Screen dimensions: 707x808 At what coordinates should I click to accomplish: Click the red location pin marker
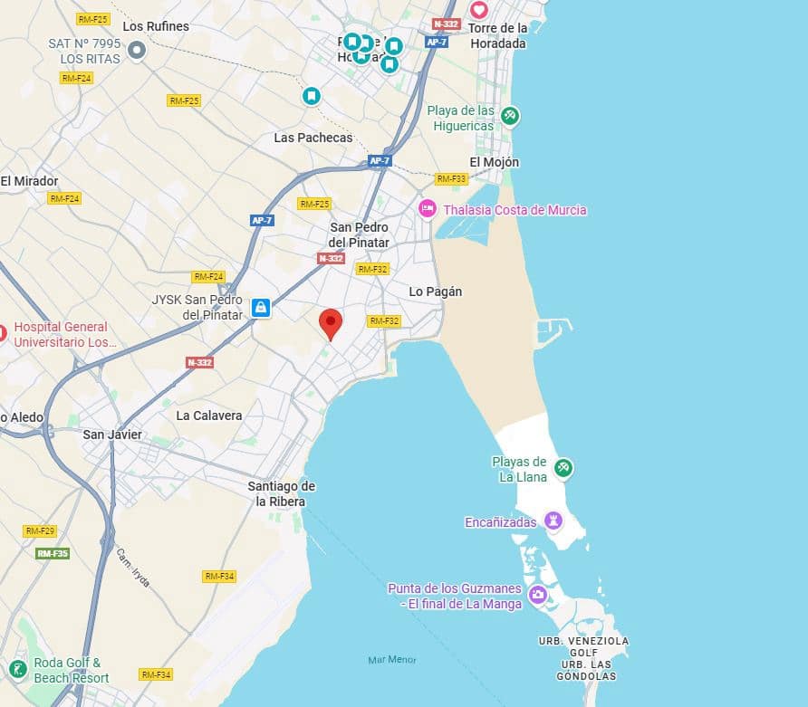[x=332, y=322]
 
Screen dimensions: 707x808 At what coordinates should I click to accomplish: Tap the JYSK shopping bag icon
[x=261, y=308]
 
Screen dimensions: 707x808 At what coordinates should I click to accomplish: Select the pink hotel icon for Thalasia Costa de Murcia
[x=427, y=209]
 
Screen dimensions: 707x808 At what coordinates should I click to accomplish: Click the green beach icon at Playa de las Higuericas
[x=510, y=116]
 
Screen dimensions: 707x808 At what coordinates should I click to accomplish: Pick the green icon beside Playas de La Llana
[x=563, y=468]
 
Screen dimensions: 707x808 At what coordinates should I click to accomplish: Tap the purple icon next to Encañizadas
[x=553, y=521]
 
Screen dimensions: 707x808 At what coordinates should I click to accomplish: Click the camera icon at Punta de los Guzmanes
[x=538, y=595]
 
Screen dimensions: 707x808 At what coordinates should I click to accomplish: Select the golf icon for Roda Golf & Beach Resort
[x=17, y=669]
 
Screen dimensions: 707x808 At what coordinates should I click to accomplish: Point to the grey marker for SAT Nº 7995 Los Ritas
[x=137, y=50]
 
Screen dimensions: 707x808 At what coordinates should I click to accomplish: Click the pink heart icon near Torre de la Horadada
[x=478, y=10]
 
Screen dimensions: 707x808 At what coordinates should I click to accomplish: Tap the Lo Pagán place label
[x=436, y=291]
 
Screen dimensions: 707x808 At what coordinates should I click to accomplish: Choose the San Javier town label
[x=112, y=435]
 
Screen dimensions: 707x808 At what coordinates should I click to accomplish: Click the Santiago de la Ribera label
[x=281, y=493]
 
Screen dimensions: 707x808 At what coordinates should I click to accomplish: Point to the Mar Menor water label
[x=392, y=660]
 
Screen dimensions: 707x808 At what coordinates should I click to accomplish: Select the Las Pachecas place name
[x=313, y=138]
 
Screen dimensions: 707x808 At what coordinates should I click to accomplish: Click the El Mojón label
[x=495, y=162]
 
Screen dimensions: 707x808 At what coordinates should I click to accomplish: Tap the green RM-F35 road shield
[x=53, y=553]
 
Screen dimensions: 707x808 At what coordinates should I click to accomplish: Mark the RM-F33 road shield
[x=451, y=179]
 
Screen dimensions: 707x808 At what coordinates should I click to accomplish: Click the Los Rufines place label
[x=156, y=26]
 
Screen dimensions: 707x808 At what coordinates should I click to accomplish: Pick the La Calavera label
[x=209, y=416]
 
